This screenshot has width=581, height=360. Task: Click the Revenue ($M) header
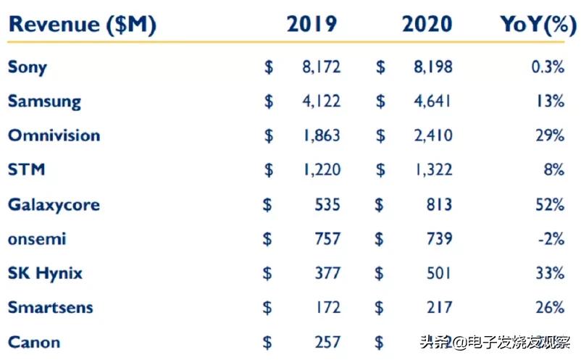pos(82,25)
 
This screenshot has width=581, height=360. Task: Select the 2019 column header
pos(312,25)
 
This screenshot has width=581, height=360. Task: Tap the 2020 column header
pos(427,25)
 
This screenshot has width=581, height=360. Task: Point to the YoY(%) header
pos(533,25)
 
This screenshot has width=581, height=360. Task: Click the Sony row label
pos(28,67)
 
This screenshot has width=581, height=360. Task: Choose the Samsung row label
pos(45,101)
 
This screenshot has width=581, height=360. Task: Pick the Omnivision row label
pos(54,135)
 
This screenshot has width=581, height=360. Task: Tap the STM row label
pos(27,169)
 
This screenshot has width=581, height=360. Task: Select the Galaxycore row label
pos(54,204)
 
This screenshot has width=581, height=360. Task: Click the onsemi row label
pos(37,239)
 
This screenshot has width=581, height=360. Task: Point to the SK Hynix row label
pos(45,273)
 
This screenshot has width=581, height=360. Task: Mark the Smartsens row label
pos(51,307)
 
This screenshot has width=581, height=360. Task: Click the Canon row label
pos(34,342)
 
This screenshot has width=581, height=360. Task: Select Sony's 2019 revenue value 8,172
pos(321,67)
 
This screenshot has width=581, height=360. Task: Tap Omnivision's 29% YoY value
pos(550,135)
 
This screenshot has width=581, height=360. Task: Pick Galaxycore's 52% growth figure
pos(550,204)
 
